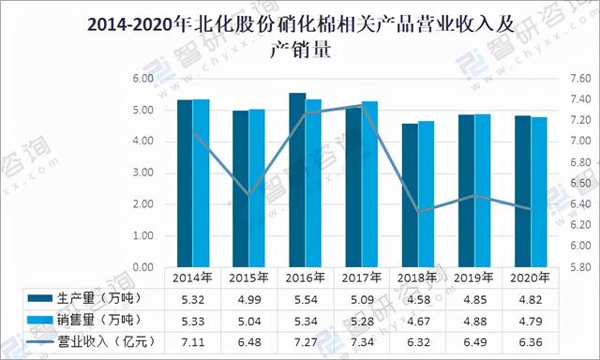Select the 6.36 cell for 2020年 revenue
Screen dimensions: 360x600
pos(532,340)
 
